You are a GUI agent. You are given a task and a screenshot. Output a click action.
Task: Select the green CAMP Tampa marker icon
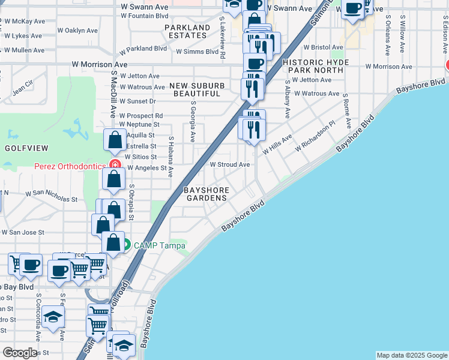(127, 245)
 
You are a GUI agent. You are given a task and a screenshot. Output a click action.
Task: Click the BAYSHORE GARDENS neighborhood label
(206, 194)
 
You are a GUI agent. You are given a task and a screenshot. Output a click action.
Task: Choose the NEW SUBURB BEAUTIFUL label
(196, 89)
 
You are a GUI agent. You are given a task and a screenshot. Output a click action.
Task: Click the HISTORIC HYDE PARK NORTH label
(312, 66)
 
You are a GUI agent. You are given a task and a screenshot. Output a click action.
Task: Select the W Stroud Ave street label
(229, 164)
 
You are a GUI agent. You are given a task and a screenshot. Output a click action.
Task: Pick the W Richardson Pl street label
(315, 138)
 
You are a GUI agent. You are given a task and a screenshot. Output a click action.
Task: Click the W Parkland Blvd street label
(142, 49)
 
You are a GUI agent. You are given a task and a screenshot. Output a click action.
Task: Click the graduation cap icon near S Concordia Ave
(53, 317)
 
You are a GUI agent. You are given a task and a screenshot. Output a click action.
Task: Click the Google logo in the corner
(20, 353)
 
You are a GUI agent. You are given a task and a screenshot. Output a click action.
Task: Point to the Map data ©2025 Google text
(412, 355)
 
